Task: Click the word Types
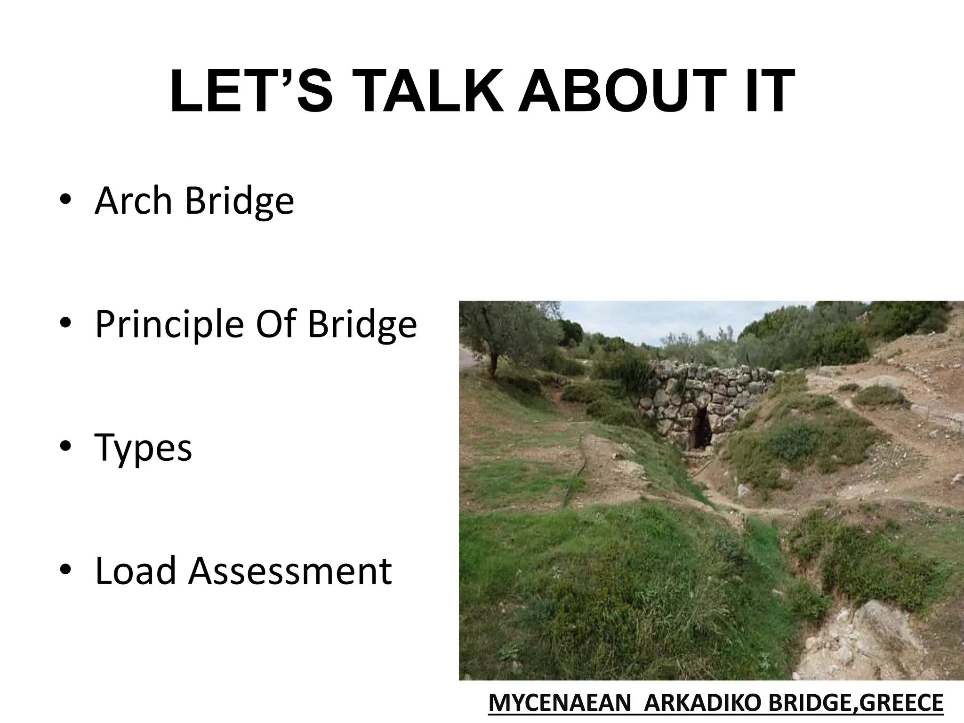(x=144, y=449)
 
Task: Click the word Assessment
(x=290, y=570)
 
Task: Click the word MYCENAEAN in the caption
(x=560, y=704)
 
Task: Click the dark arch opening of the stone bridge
(x=701, y=428)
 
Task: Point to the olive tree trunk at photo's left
(x=493, y=362)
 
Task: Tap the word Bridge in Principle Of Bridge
(x=362, y=325)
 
